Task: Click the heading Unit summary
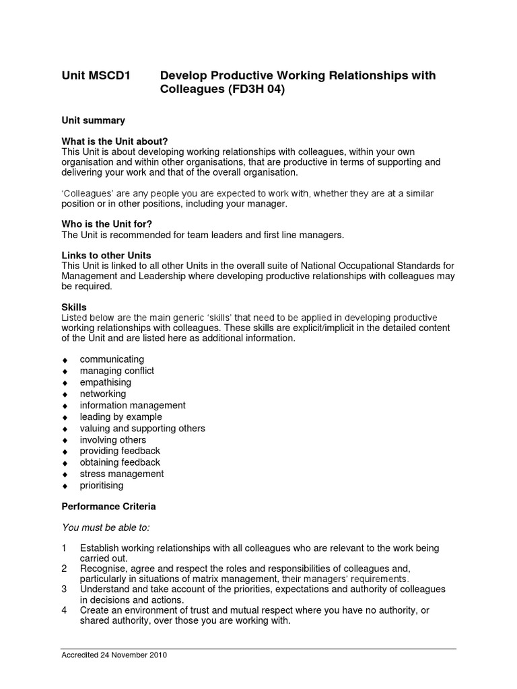pyautogui.click(x=93, y=120)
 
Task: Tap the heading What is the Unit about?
pyautogui.click(x=114, y=141)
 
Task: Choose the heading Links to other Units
pyautogui.click(x=106, y=256)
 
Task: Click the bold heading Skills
pyautogui.click(x=74, y=307)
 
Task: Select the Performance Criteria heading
pyautogui.click(x=108, y=506)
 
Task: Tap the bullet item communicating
pyautogui.click(x=112, y=359)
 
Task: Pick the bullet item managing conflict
pyautogui.click(x=116, y=371)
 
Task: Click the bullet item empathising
pyautogui.click(x=106, y=382)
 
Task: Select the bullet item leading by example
pyautogui.click(x=120, y=416)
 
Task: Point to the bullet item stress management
pyautogui.click(x=121, y=474)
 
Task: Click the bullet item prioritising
pyautogui.click(x=102, y=485)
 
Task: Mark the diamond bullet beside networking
pyautogui.click(x=65, y=394)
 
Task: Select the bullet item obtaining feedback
pyautogui.click(x=120, y=462)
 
